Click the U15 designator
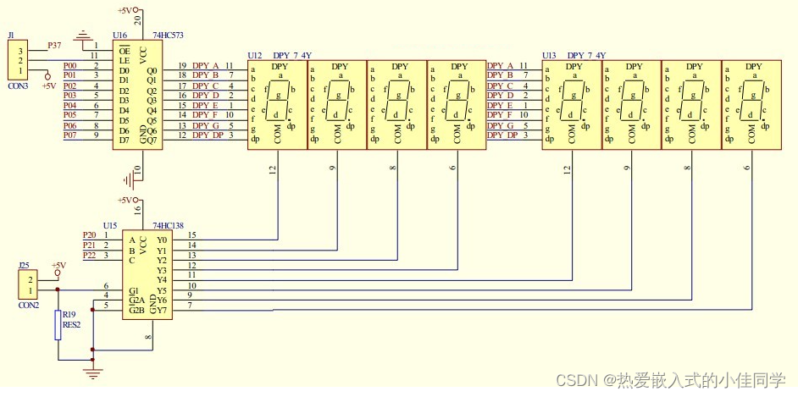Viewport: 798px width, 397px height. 110,226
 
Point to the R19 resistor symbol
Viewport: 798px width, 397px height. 58,324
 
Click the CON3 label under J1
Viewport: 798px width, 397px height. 18,86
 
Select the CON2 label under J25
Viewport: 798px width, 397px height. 29,304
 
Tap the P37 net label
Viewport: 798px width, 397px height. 55,44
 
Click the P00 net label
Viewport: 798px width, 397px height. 70,65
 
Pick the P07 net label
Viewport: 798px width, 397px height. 70,135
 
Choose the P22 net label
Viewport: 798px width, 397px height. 89,255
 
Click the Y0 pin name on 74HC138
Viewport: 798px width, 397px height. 162,240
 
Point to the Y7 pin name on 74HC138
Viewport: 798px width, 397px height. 162,309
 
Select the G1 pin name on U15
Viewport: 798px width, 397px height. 134,290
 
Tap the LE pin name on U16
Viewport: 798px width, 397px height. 124,59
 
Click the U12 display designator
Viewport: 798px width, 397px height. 255,55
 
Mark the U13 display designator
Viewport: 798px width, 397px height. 549,55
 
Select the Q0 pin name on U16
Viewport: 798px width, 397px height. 152,70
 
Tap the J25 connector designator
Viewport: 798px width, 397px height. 25,265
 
